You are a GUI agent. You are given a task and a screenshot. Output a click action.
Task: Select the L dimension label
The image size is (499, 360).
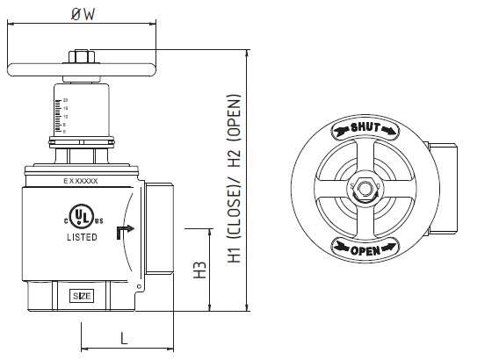tap(124, 336)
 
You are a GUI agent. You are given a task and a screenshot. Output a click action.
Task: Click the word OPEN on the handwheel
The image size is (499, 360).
tap(364, 250)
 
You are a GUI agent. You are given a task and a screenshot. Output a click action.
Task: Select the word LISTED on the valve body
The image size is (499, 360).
tap(83, 237)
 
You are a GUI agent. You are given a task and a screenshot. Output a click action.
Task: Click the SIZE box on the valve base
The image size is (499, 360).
tap(82, 295)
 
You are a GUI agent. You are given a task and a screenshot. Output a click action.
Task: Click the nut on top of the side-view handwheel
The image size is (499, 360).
tap(81, 58)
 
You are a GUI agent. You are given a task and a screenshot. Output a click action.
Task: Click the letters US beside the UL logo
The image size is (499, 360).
tap(99, 221)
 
